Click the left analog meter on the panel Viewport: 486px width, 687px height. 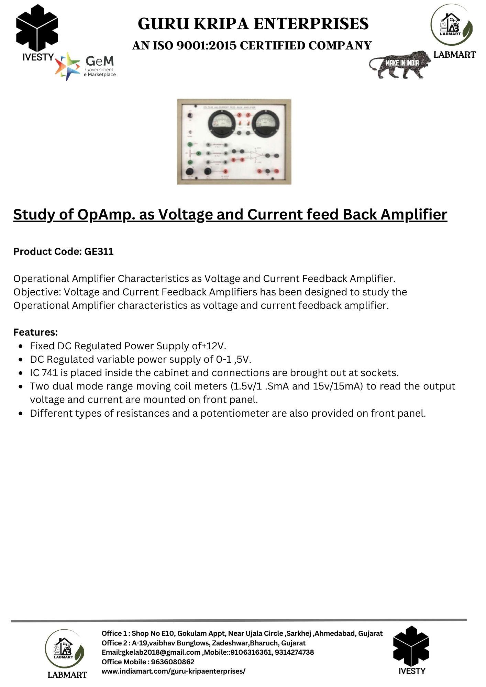pos(222,123)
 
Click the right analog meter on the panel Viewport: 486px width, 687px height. pos(266,123)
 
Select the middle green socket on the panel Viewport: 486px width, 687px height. pos(189,154)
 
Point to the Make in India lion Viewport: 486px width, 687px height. pos(400,65)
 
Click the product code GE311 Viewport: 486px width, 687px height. pos(99,252)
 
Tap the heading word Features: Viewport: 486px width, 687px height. pos(35,333)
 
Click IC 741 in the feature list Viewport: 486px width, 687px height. pos(44,373)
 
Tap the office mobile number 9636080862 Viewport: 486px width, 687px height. pos(173,662)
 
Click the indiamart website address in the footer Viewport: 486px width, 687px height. pos(173,671)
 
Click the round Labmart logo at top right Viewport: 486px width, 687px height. pos(451,25)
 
